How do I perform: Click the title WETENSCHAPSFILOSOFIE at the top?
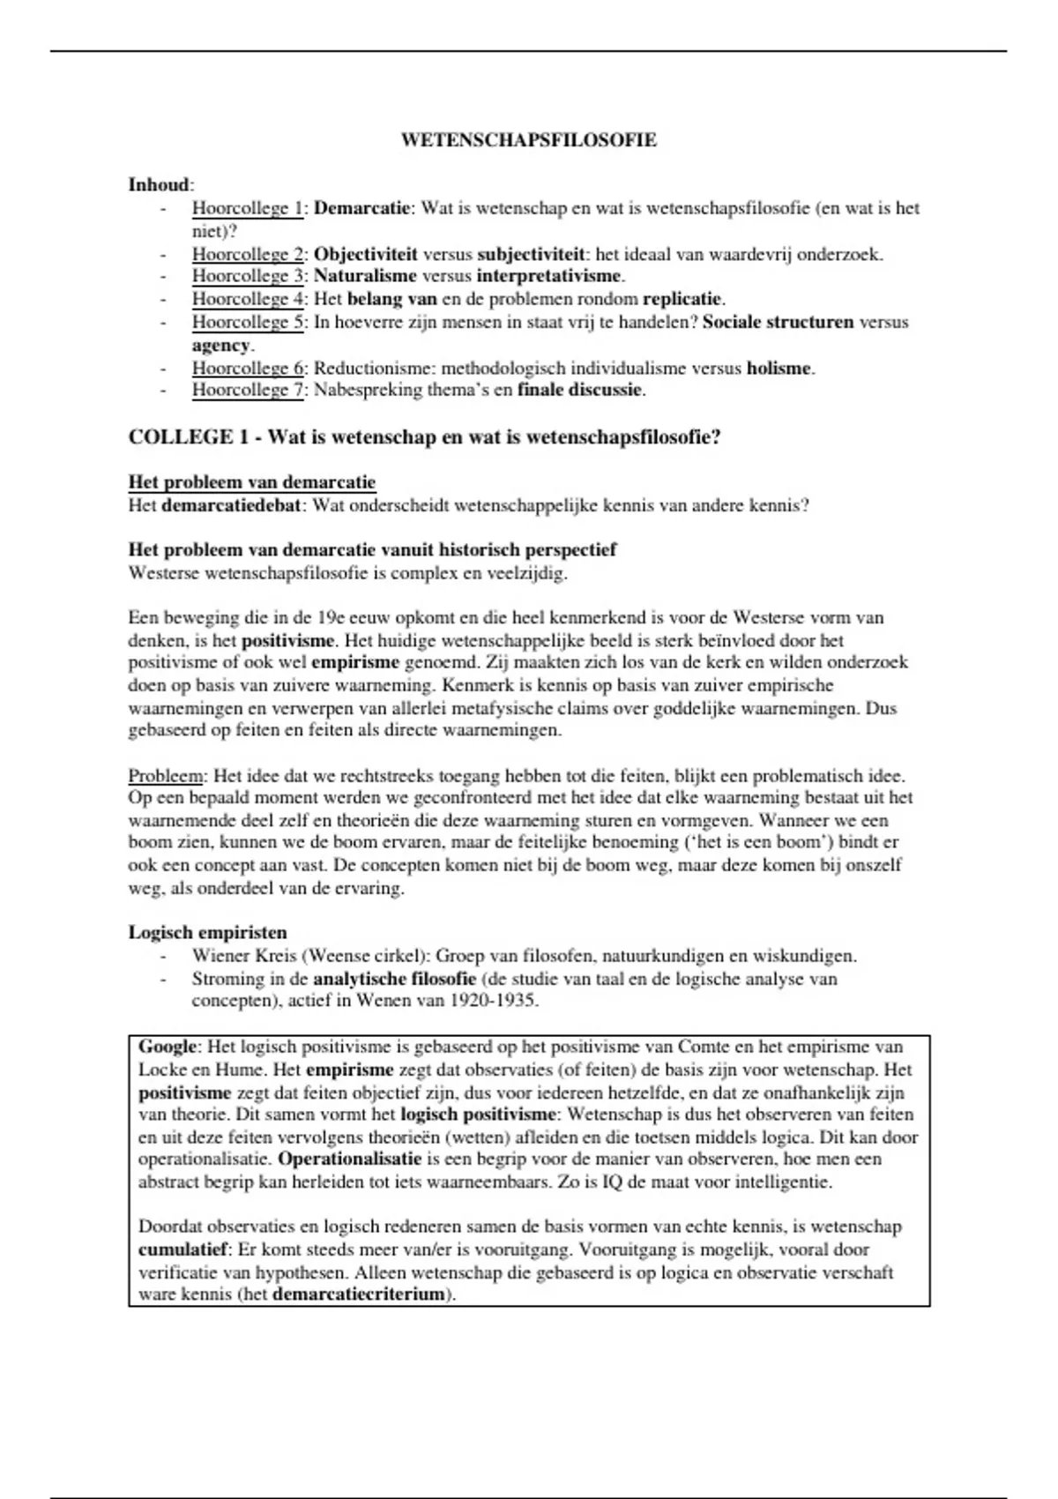[528, 140]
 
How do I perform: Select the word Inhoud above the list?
[159, 185]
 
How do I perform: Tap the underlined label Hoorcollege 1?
[248, 209]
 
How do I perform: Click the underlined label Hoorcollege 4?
[248, 299]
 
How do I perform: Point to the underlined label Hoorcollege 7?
[248, 390]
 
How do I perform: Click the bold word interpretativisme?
[550, 276]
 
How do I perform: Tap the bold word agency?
[220, 345]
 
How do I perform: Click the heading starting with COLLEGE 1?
[424, 437]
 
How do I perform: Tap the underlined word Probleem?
[166, 776]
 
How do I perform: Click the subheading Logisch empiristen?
[207, 933]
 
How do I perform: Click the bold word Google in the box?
[167, 1048]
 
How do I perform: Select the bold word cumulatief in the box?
[183, 1250]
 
